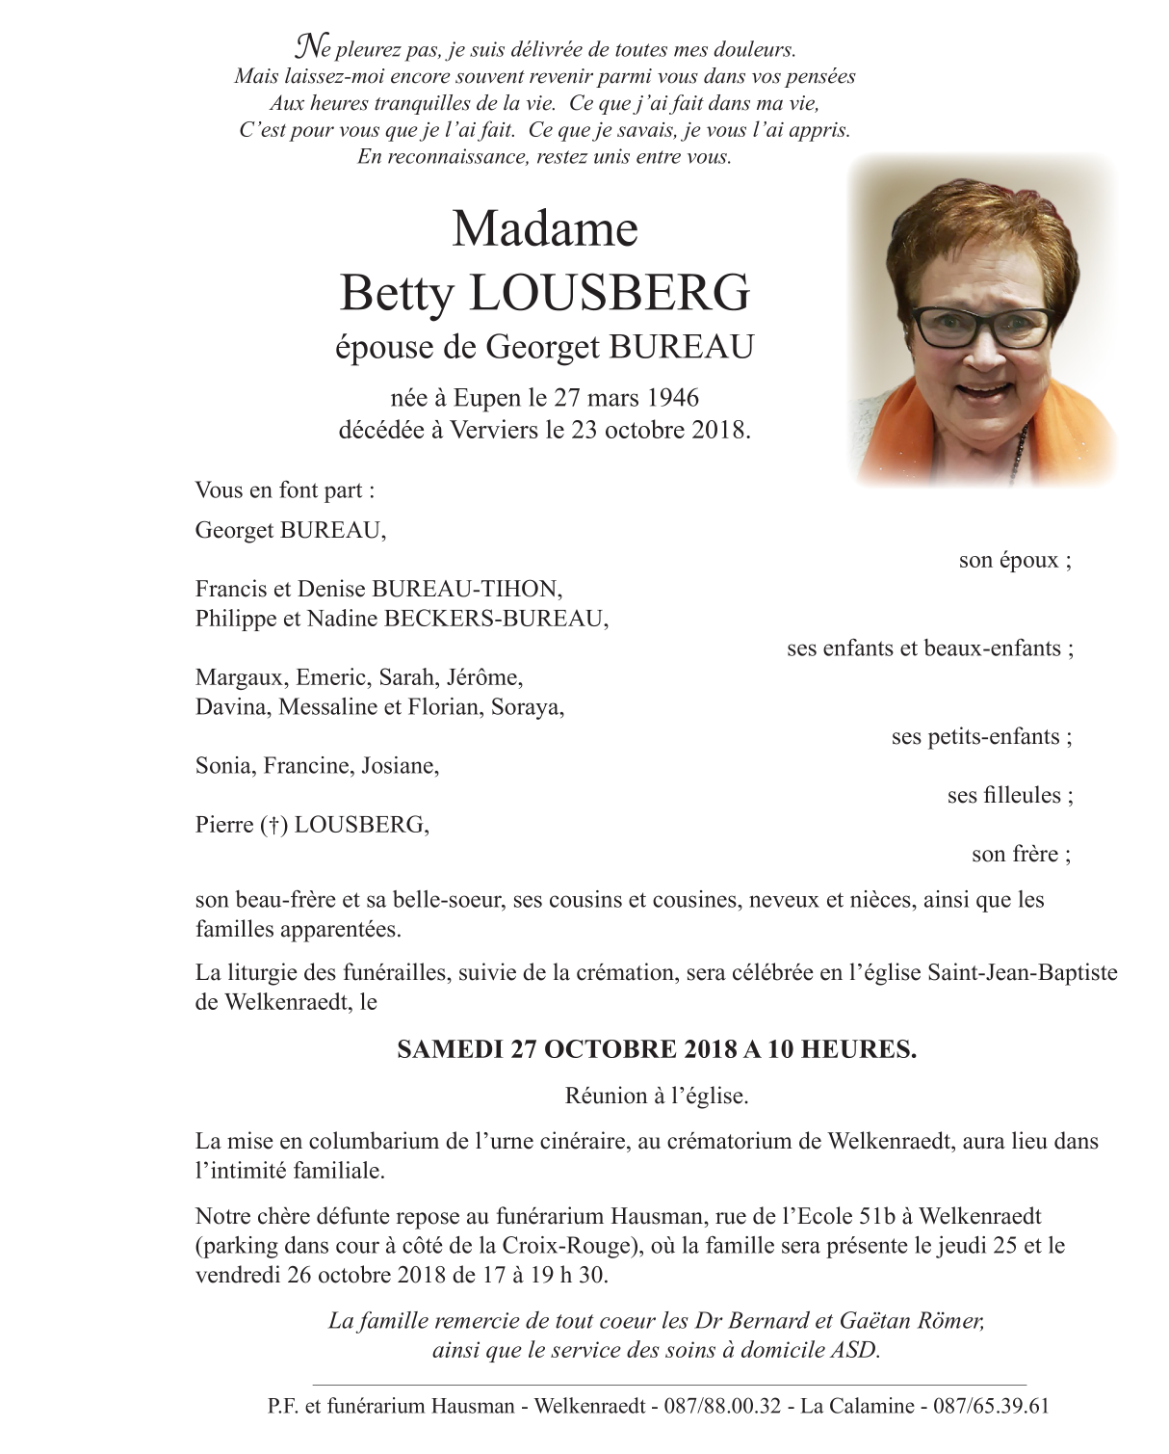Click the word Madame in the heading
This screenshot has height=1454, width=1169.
click(545, 230)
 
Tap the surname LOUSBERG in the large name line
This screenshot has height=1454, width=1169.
click(609, 293)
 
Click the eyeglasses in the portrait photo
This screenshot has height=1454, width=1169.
click(983, 326)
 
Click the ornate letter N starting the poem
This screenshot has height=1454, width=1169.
click(308, 45)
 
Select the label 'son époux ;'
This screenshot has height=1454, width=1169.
click(1015, 560)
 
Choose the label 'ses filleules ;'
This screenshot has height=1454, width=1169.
click(1010, 795)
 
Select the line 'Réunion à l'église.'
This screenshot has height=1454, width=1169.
click(657, 1096)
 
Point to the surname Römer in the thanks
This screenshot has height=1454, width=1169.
click(950, 1320)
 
